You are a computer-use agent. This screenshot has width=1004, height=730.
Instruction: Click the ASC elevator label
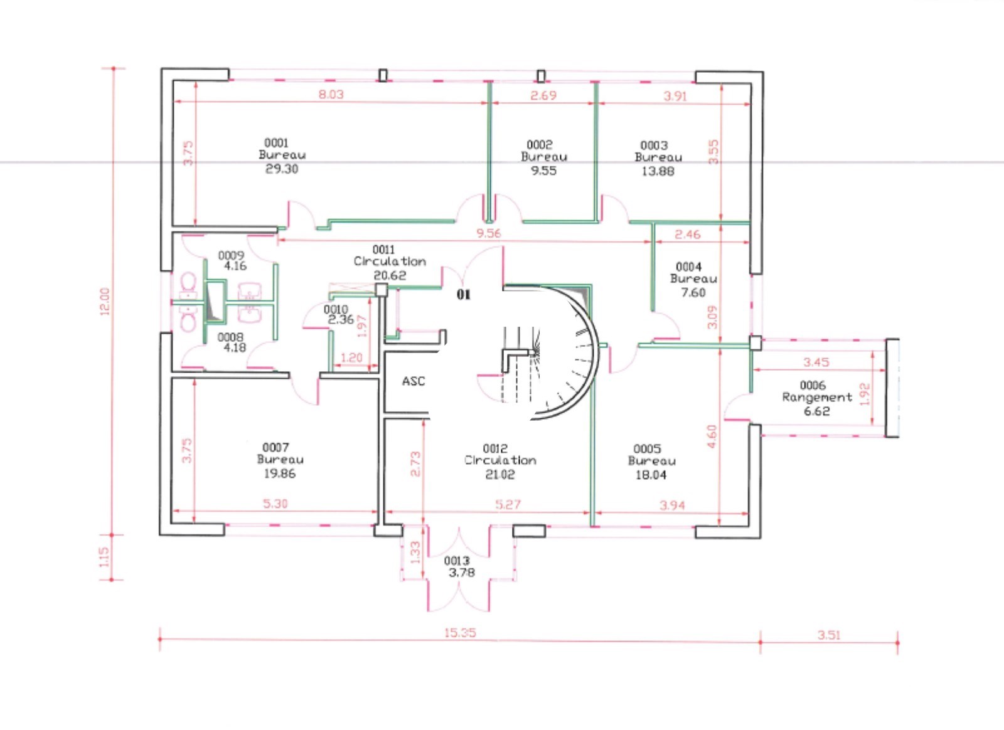click(x=414, y=381)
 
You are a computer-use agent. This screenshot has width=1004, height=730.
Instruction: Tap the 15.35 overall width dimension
click(x=460, y=633)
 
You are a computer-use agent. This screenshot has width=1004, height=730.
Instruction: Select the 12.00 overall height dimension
click(x=104, y=302)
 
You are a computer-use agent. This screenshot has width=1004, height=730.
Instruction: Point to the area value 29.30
click(x=282, y=169)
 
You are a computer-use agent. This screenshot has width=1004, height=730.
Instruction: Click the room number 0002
click(x=539, y=145)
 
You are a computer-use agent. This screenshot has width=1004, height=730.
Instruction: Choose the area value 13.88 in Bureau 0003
click(x=658, y=171)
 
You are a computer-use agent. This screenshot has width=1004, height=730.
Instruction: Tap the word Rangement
click(x=817, y=398)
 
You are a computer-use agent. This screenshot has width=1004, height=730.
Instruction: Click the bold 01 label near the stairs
click(x=464, y=294)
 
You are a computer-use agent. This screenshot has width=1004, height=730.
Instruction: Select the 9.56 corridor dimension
click(x=488, y=233)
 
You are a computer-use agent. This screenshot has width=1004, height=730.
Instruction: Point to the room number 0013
click(x=457, y=561)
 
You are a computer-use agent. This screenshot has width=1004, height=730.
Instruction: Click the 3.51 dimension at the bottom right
click(x=829, y=635)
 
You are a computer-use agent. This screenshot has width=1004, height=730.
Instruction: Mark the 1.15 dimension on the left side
click(x=104, y=557)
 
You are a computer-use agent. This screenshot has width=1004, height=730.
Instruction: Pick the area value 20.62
click(x=390, y=275)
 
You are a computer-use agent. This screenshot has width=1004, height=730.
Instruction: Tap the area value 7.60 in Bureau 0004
click(x=693, y=292)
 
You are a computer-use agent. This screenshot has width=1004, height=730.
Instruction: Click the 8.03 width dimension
click(x=331, y=95)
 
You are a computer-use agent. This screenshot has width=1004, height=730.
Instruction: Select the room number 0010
click(x=336, y=309)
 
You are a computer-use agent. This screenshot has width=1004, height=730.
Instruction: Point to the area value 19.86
click(x=280, y=473)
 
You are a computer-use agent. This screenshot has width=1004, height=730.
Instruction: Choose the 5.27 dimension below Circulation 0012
click(x=508, y=505)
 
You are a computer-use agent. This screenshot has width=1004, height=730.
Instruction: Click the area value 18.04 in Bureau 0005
click(x=651, y=475)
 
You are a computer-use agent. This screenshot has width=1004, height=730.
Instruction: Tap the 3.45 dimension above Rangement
click(x=816, y=362)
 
